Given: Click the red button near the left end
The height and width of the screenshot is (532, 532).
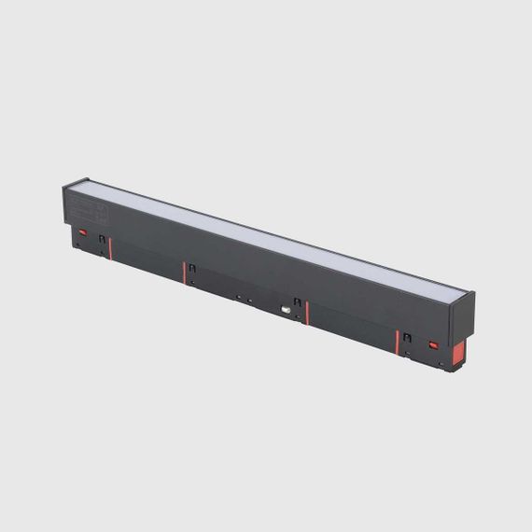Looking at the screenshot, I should tap(82, 231).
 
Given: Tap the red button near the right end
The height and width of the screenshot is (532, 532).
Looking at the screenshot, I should tap(433, 344).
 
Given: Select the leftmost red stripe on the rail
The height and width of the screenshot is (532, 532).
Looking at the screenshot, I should tap(110, 248).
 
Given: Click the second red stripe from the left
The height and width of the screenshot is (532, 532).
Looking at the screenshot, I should tap(184, 272).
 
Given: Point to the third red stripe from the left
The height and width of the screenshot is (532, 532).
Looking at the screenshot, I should tap(307, 313).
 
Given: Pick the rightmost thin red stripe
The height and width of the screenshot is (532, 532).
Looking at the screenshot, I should tap(398, 342).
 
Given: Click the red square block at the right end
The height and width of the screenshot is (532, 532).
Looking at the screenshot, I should tap(458, 353).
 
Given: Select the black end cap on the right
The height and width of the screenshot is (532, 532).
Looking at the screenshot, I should tap(461, 318).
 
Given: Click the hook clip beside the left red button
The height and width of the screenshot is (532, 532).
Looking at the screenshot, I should tap(101, 239).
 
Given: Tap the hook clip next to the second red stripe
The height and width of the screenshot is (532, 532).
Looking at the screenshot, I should tap(192, 269).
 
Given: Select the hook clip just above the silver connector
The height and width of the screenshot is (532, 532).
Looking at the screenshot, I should tap(297, 302).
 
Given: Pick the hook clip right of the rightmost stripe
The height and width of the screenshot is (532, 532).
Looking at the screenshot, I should tap(407, 338).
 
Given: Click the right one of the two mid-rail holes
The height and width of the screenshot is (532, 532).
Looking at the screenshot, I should tap(250, 301).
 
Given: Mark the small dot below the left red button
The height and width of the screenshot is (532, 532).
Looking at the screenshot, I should tap(78, 244).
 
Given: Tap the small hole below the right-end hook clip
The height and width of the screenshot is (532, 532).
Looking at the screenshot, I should tap(407, 353).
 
